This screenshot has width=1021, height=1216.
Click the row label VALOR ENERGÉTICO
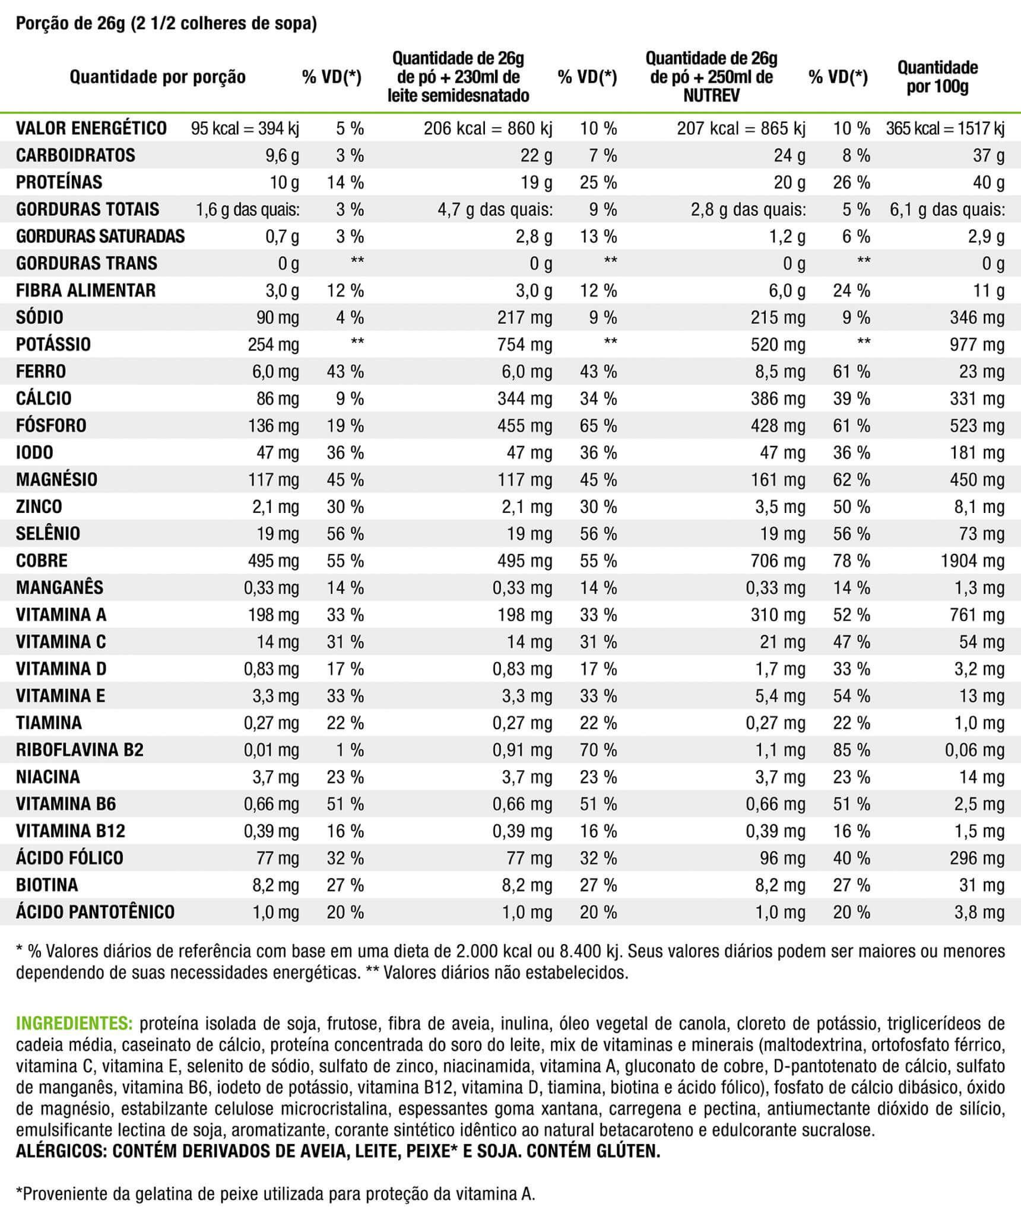(x=91, y=128)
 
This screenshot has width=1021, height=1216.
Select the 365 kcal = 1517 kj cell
(x=945, y=128)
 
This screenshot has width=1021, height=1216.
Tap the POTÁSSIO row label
(x=53, y=344)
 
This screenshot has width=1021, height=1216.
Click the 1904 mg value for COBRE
(x=972, y=560)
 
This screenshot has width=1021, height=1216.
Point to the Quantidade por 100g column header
(x=937, y=77)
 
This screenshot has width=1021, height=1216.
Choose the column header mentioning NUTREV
(x=711, y=77)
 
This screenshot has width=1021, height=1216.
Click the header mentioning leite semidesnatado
(x=458, y=77)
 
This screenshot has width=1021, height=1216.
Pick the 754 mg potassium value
(x=524, y=344)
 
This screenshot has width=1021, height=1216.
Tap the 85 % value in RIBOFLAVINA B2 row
(x=851, y=750)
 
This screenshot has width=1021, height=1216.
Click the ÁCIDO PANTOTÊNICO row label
(x=95, y=912)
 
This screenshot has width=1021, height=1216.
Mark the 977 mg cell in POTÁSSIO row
(x=976, y=344)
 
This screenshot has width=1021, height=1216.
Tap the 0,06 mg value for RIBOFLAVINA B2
(x=975, y=750)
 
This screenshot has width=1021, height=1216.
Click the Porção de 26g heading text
(x=71, y=24)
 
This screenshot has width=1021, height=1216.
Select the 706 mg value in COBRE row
(x=778, y=560)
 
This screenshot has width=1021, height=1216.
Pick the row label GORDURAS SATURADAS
(x=100, y=236)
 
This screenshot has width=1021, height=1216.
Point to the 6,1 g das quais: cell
(x=947, y=210)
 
